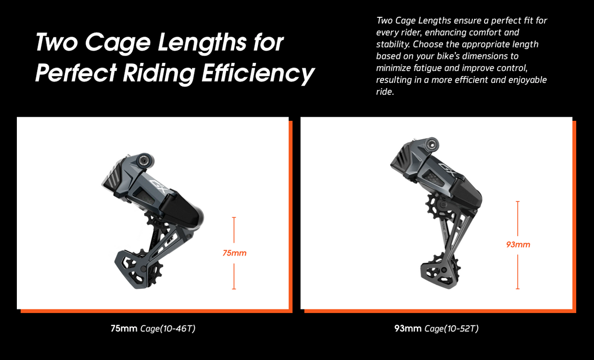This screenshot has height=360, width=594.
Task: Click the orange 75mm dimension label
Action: pos(235,253)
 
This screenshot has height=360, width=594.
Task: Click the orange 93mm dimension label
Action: pos(518,244)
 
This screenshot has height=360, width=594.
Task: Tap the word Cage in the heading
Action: pos(118,43)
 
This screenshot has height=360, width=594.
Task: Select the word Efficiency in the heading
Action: pos(258,73)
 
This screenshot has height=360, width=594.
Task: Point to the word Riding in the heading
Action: pos(159,73)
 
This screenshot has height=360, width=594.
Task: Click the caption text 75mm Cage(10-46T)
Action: pos(153,328)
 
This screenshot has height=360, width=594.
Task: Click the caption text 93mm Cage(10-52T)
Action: pos(437,328)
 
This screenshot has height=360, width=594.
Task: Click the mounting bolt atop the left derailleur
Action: pos(145,161)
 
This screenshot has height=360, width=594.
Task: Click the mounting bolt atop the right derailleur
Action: pos(431,145)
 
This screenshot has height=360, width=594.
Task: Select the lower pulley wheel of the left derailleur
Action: pos(153,273)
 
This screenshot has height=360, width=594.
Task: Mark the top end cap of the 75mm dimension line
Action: pos(234,217)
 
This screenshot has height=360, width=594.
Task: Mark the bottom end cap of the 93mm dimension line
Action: pos(518,289)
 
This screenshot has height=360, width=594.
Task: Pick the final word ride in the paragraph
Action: pos(385,92)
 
